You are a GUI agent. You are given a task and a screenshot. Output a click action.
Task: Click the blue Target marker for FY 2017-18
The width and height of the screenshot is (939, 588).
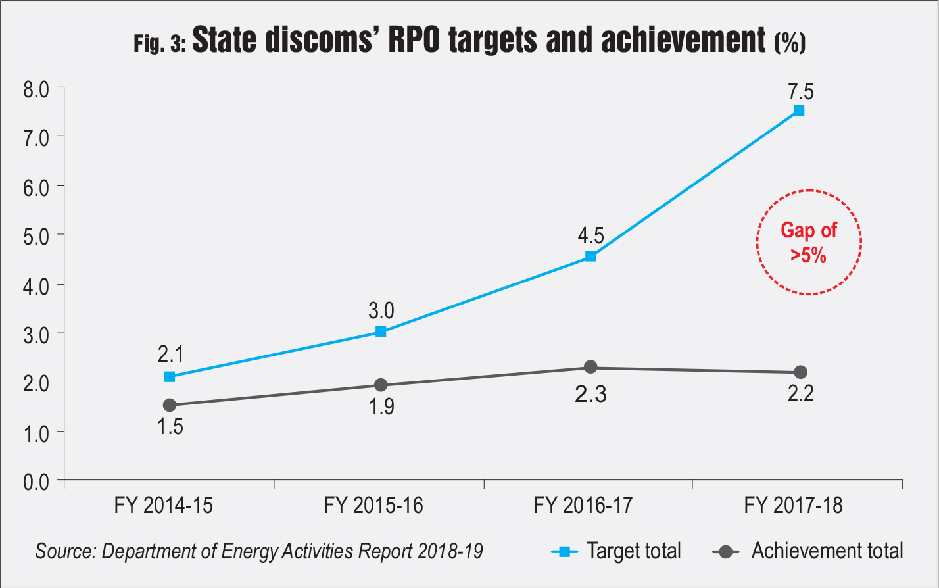click(x=799, y=110)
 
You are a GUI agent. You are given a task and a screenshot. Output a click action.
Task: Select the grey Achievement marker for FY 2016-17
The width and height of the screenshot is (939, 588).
click(x=590, y=367)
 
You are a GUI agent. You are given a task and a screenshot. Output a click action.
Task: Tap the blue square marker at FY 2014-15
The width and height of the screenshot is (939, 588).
click(x=170, y=377)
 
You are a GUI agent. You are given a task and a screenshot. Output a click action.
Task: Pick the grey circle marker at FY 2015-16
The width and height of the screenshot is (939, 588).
click(x=381, y=385)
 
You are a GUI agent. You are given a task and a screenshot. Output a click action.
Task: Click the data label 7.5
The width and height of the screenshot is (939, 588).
click(x=800, y=91)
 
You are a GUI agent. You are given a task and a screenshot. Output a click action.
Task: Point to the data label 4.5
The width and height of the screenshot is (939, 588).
click(x=590, y=235)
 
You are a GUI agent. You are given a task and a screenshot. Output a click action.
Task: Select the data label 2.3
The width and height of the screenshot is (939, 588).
click(x=590, y=395)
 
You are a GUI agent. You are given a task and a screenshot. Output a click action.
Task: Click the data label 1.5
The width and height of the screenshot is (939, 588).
click(x=170, y=427)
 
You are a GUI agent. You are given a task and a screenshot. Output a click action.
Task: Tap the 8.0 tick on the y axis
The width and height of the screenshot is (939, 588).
click(x=35, y=88)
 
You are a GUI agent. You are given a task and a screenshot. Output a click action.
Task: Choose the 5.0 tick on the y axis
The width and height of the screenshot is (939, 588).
click(x=35, y=235)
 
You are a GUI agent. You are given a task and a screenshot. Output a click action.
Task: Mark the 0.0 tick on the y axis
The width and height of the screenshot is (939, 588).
click(x=35, y=481)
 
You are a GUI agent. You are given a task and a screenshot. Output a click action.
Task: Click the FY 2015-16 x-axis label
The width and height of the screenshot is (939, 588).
click(x=373, y=506)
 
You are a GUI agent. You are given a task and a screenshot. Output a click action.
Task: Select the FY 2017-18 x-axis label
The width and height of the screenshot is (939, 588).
click(x=793, y=506)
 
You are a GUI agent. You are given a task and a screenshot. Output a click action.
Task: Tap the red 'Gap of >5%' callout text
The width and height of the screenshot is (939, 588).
click(x=809, y=243)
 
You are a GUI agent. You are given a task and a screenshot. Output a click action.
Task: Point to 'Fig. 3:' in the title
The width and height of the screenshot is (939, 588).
click(x=160, y=44)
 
